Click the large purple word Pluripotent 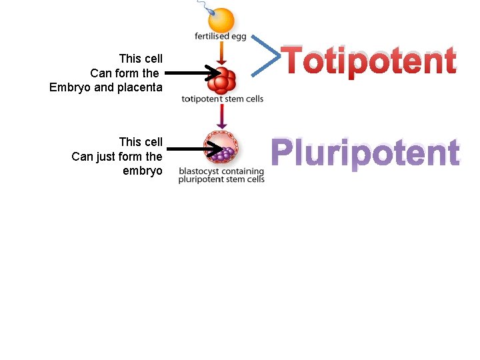pyautogui.click(x=365, y=153)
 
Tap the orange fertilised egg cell pyautogui.click(x=221, y=19)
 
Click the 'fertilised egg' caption pyautogui.click(x=221, y=36)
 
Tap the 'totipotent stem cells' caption pyautogui.click(x=223, y=99)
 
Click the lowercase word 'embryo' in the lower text pyautogui.click(x=143, y=171)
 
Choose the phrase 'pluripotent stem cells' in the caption pyautogui.click(x=221, y=179)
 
